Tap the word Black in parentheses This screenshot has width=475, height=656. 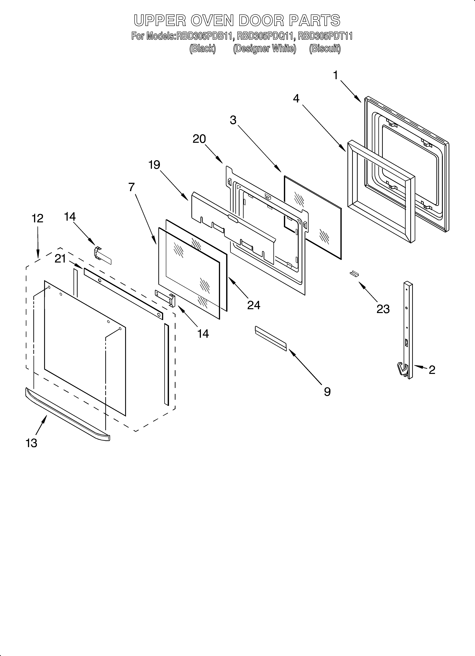[202, 49]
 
